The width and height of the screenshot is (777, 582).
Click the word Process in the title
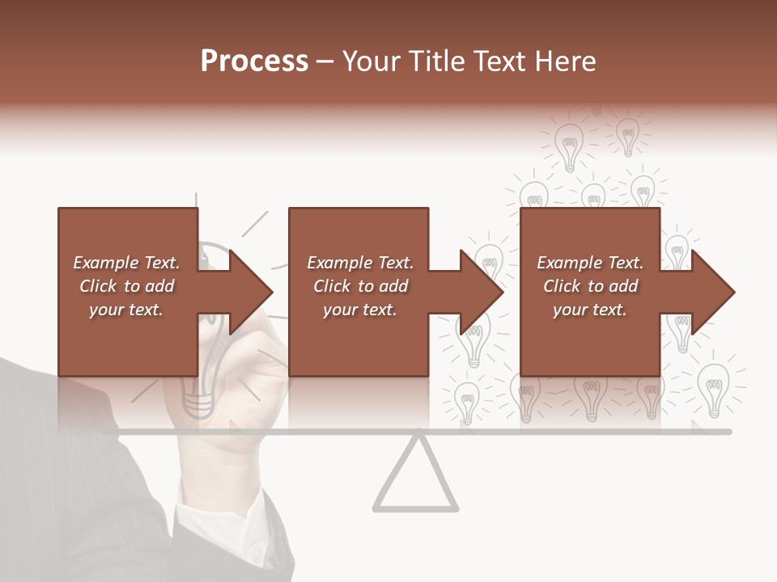click(254, 61)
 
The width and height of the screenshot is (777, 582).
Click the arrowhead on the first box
click(246, 292)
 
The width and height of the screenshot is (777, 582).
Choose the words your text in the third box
click(589, 310)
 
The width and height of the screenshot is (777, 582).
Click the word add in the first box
click(159, 286)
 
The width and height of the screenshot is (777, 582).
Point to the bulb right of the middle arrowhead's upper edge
click(489, 259)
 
